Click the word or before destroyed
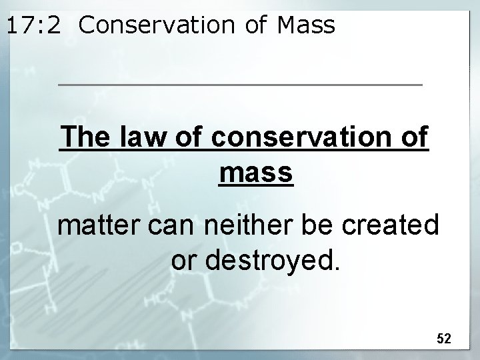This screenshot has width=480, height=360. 182,261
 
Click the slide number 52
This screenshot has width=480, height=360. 444,339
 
